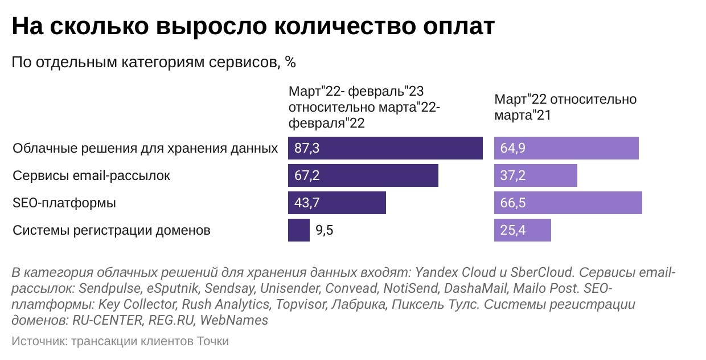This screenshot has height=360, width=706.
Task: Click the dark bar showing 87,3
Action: point(385,149)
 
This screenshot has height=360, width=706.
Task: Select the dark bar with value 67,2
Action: point(363,176)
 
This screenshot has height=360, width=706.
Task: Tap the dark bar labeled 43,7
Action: point(337,203)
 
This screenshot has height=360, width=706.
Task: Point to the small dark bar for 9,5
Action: point(299,231)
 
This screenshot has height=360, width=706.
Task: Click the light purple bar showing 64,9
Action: point(566,149)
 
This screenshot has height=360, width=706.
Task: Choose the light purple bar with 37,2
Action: point(535,176)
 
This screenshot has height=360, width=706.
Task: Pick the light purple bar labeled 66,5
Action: point(568,203)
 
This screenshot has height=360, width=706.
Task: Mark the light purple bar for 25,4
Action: point(522,231)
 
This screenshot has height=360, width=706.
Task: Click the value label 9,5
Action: point(324,231)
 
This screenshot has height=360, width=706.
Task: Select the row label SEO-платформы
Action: point(64,203)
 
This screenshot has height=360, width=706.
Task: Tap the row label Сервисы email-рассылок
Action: point(91,176)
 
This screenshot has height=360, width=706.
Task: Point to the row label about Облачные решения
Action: point(145,149)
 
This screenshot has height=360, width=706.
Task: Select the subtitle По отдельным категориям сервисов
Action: point(154,62)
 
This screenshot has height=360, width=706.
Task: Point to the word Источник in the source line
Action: point(38,341)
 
